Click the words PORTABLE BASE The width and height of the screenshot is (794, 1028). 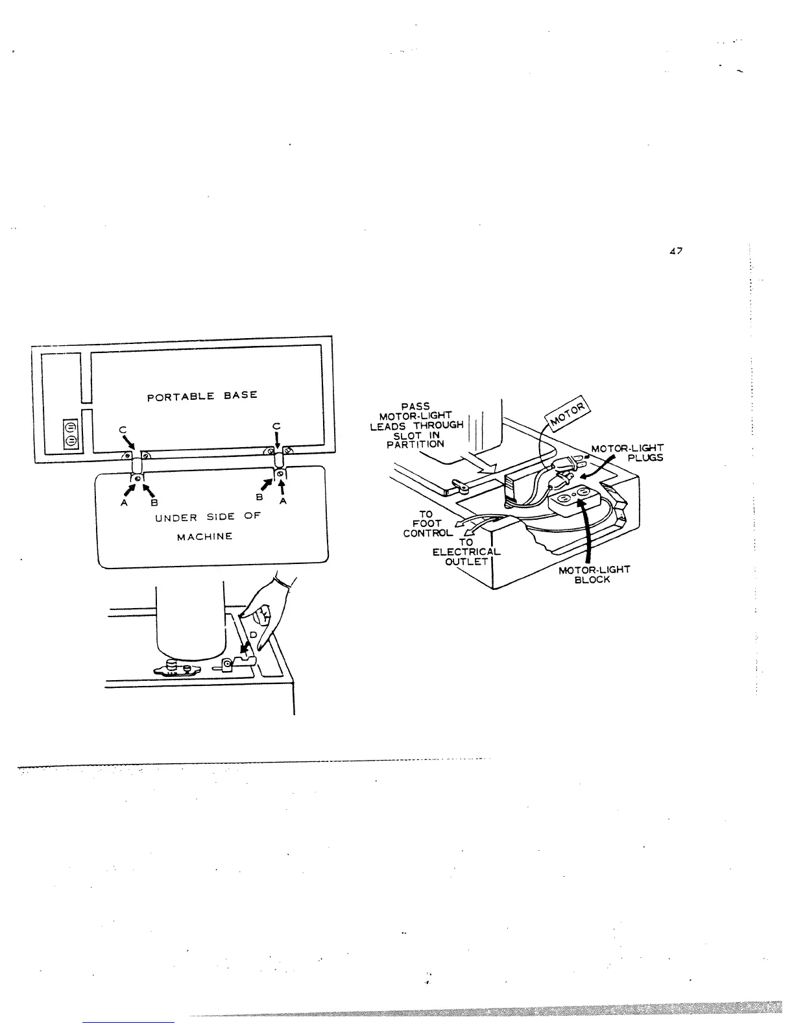pos(202,395)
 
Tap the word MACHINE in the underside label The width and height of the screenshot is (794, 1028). pos(204,537)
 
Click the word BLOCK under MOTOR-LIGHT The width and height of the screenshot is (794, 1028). pos(592,580)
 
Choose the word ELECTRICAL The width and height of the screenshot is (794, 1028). pos(466,552)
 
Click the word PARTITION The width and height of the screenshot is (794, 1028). pos(415,445)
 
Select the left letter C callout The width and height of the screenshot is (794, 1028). pos(122,428)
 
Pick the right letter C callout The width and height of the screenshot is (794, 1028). pos(276,426)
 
